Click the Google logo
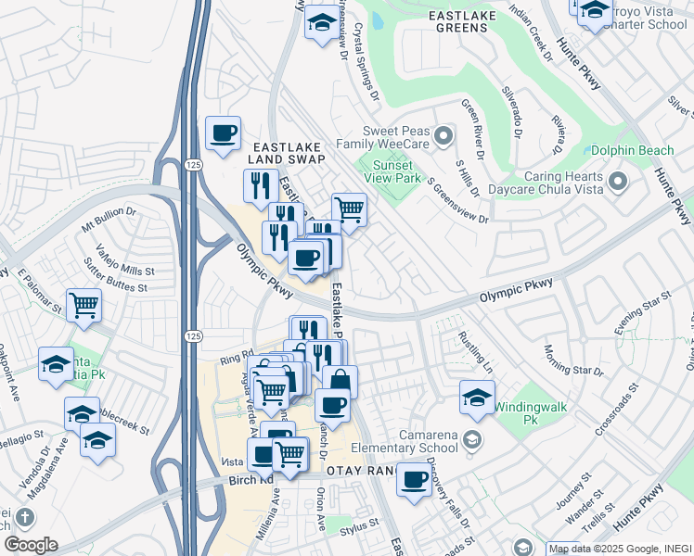point(31,545)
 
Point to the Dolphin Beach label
point(638,150)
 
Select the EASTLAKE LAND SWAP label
point(287,153)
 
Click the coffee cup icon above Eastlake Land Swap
point(223,133)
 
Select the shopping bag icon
point(340,381)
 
